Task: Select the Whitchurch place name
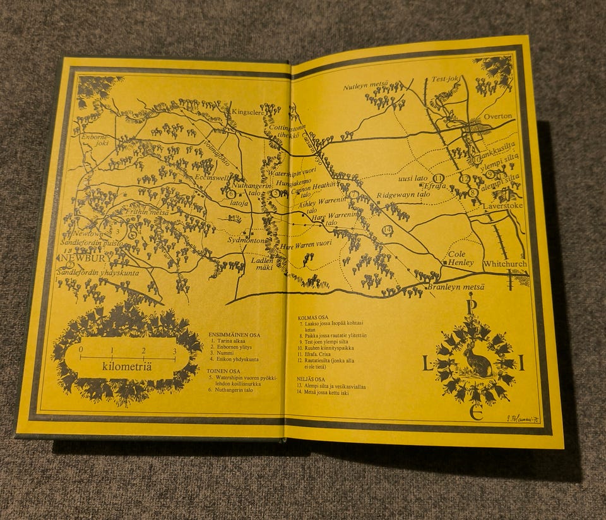pyautogui.click(x=505, y=263)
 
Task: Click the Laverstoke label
pyautogui.click(x=499, y=207)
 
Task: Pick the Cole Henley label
pyautogui.click(x=460, y=258)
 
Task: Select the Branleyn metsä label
pyautogui.click(x=455, y=287)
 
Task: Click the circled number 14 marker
pyautogui.click(x=388, y=229)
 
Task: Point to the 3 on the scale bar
pyautogui.click(x=174, y=351)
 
